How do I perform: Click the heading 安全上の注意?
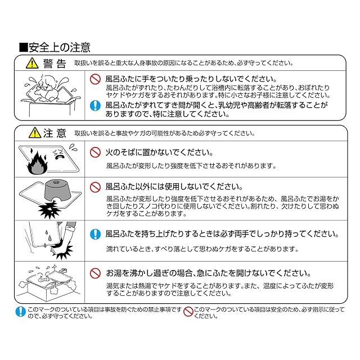point(60,47)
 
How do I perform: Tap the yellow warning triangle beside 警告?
point(32,63)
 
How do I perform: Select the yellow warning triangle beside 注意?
point(35,133)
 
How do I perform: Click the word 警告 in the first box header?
point(55,64)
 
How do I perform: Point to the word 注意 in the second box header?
point(55,133)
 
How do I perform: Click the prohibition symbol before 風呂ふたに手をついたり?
point(95,79)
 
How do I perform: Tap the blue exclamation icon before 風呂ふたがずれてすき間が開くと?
point(95,105)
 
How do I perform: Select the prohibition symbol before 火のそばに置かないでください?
point(95,152)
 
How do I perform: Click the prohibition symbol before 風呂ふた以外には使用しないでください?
point(95,187)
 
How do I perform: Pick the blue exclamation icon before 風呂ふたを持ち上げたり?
point(95,234)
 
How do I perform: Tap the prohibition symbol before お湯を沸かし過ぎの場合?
point(95,273)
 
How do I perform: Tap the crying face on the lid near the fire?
point(59,154)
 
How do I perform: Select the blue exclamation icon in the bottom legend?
point(21,312)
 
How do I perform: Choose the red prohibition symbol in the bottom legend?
point(188,312)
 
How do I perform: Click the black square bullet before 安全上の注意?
point(24,47)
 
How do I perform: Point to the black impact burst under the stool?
point(49,209)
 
